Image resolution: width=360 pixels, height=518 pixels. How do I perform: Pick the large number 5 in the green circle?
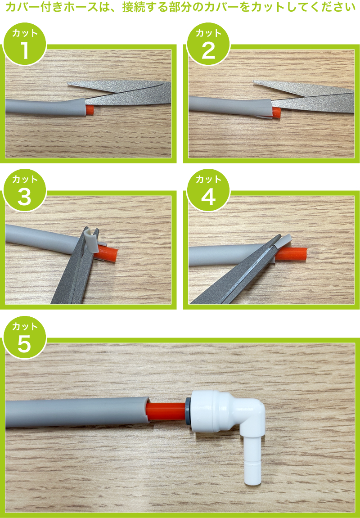pyautogui.click(x=24, y=344)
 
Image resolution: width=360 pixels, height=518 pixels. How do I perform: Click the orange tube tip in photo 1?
pyautogui.click(x=90, y=110)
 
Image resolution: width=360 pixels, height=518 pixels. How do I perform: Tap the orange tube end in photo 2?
pyautogui.click(x=276, y=112)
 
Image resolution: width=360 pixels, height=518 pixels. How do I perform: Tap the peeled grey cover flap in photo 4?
pyautogui.click(x=285, y=242)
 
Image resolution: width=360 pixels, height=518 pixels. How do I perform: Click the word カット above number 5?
pyautogui.click(x=25, y=326)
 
